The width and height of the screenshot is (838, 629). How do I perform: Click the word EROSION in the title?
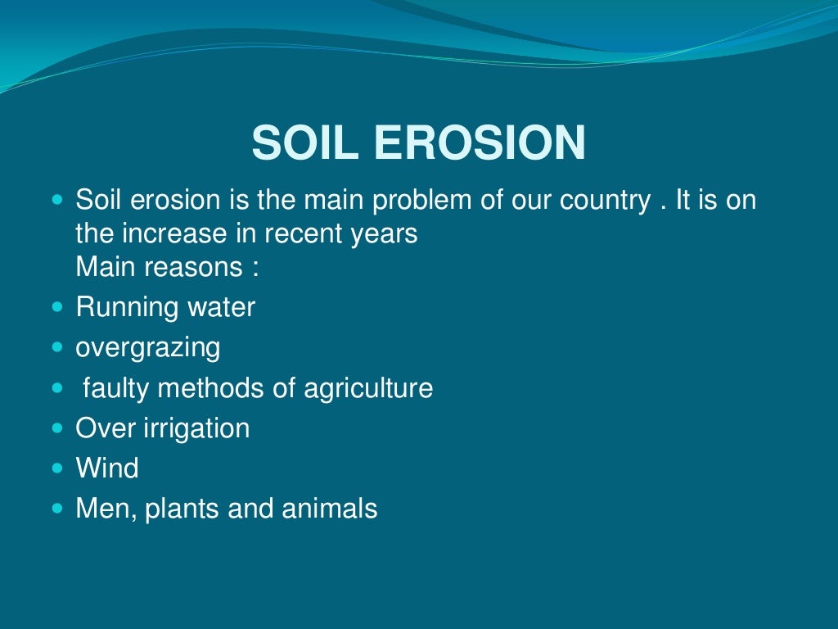tap(480, 143)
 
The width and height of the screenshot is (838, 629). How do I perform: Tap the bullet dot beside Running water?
tap(57, 308)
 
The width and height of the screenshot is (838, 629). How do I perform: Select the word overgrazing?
tap(147, 348)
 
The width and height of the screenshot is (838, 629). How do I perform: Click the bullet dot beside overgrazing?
tap(57, 347)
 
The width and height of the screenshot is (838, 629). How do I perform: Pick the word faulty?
tap(116, 387)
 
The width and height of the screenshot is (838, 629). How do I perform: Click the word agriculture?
tap(368, 387)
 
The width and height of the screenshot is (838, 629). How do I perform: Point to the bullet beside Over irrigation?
tap(57, 428)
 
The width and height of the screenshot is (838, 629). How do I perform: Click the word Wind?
tap(106, 468)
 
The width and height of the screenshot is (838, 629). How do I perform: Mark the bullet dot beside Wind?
tap(57, 468)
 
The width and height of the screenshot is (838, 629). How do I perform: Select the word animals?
tap(329, 509)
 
